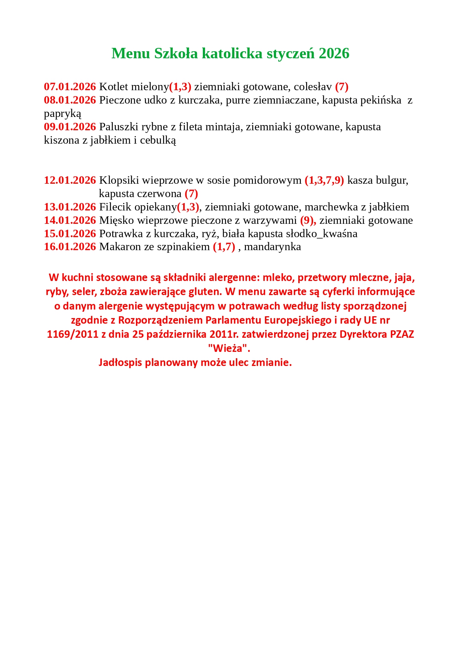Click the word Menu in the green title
[131, 53]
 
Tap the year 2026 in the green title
[334, 53]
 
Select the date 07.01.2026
[70, 87]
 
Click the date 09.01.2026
[70, 127]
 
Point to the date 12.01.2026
[70, 180]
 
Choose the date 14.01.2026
[70, 220]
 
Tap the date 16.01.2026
[70, 247]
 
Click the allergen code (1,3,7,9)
[324, 180]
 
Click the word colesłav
[313, 87]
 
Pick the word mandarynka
[272, 247]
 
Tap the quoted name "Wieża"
[229, 349]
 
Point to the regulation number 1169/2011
[73, 334]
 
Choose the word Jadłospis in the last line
[120, 363]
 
